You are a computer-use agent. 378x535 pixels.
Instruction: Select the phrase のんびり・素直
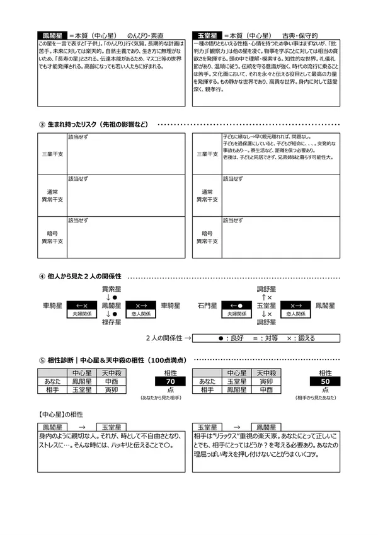click(x=146, y=36)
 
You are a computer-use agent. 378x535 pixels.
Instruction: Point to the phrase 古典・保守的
click(x=300, y=36)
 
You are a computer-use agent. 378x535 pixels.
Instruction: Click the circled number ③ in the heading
click(x=42, y=124)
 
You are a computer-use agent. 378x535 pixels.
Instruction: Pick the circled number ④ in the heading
click(x=42, y=277)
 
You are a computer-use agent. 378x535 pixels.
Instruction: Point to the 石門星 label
click(x=207, y=306)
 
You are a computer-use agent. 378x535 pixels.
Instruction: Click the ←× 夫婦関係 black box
click(x=81, y=308)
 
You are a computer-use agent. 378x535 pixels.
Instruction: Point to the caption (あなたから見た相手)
click(x=163, y=399)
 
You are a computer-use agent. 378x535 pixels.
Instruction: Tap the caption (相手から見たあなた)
click(x=318, y=399)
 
